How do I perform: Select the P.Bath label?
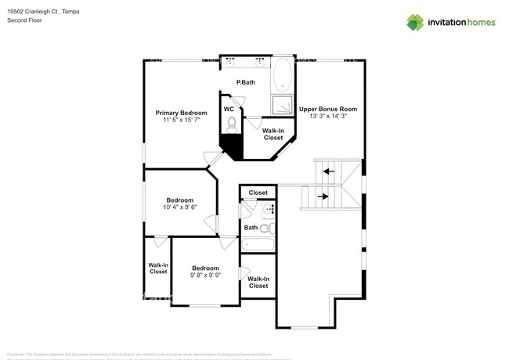pos(246,82)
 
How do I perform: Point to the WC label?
pos(229,110)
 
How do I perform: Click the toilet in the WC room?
pos(231,124)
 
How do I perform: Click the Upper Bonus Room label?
pos(328,109)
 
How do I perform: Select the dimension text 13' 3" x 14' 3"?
pos(328,117)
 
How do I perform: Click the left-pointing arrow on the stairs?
pos(330,171)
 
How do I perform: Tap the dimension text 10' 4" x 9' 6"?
pos(179,207)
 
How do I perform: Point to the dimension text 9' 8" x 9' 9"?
pos(205,275)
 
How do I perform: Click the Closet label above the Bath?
pos(258,193)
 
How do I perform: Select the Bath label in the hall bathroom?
pos(251,228)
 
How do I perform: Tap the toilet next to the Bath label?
pos(267,229)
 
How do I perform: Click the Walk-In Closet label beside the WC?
pos(273,134)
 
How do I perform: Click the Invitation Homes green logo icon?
pos(415,23)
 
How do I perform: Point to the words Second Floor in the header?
pos(24,22)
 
